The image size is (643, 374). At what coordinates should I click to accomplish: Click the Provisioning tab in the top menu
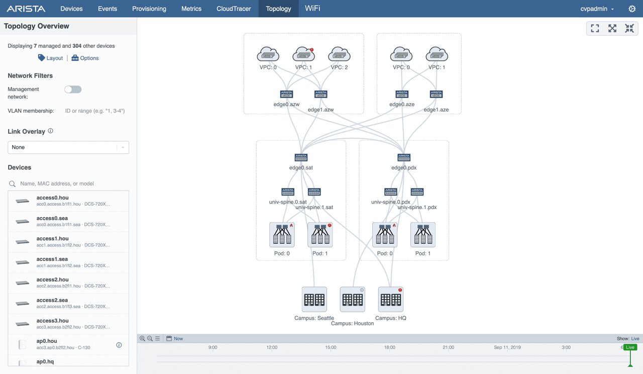pos(149,9)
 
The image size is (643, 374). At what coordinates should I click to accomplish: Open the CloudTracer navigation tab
pos(234,9)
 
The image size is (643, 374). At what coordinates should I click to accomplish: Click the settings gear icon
pos(632,9)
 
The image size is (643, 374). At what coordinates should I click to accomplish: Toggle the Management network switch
pos(73,89)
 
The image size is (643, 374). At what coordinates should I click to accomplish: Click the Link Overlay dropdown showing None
pos(68,147)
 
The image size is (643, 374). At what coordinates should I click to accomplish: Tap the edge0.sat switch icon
pos(301,158)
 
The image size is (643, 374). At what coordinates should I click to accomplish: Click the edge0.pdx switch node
pos(404,158)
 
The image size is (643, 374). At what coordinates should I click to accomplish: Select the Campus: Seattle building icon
pos(314,300)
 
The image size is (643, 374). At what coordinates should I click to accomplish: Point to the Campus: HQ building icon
pos(391,300)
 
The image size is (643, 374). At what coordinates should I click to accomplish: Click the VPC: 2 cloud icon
pos(339,54)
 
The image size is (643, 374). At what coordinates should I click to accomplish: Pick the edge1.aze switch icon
pos(436,94)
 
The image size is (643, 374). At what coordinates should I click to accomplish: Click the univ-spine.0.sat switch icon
pos(288,192)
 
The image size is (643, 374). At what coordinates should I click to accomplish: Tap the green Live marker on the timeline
pos(630,347)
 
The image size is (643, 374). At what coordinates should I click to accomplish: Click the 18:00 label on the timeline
pos(389,347)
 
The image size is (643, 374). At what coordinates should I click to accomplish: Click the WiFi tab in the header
pos(312,9)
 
